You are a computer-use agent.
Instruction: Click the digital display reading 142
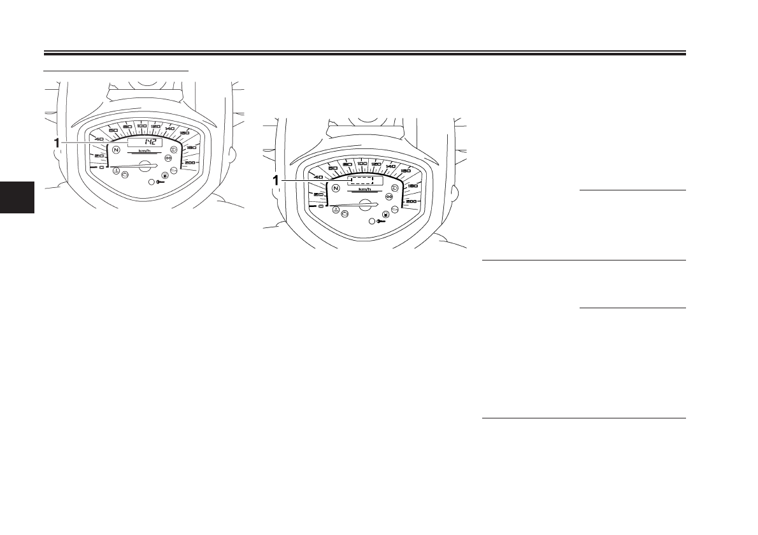pyautogui.click(x=145, y=142)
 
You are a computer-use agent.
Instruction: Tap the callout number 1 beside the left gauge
pyautogui.click(x=57, y=143)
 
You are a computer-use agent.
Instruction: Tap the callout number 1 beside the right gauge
pyautogui.click(x=276, y=181)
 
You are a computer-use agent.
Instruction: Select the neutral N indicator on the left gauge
pyautogui.click(x=116, y=150)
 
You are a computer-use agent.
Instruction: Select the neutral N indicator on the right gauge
pyautogui.click(x=335, y=189)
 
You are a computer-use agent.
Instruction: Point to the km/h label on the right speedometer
pyautogui.click(x=364, y=189)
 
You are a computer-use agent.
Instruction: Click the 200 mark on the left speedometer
pyautogui.click(x=190, y=164)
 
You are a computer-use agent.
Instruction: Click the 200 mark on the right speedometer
pyautogui.click(x=411, y=201)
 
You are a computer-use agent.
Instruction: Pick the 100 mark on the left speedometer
pyautogui.click(x=141, y=126)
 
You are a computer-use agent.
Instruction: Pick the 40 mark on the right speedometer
pyautogui.click(x=318, y=177)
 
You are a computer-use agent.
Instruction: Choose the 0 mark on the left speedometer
pyautogui.click(x=101, y=168)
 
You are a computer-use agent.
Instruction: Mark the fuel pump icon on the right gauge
pyautogui.click(x=386, y=215)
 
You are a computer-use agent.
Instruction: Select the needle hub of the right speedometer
pyautogui.click(x=366, y=204)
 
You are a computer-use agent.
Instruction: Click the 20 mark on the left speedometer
pyautogui.click(x=99, y=155)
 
